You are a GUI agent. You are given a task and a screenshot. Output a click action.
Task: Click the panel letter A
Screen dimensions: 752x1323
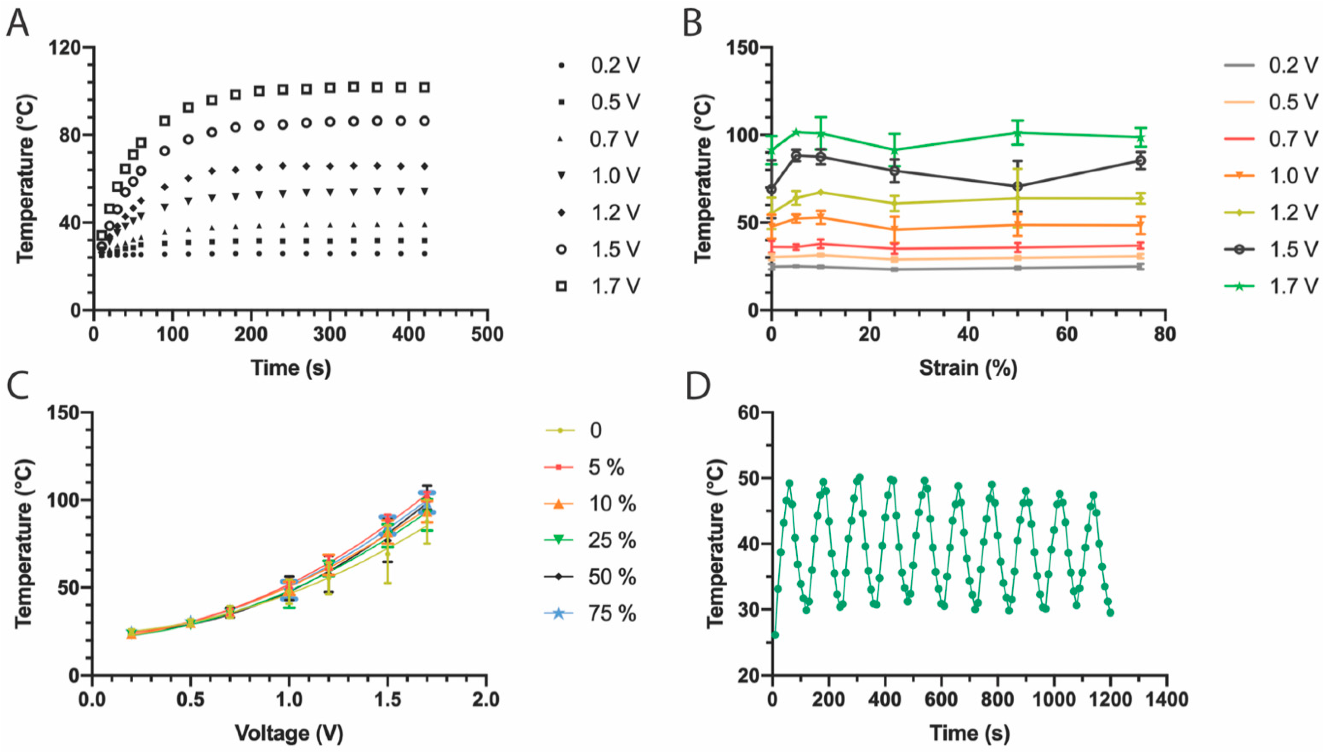[x=17, y=23]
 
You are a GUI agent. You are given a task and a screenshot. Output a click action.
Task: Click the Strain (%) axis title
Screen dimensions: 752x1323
[x=968, y=368]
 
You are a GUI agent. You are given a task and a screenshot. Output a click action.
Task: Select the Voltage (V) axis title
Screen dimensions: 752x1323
[x=289, y=733]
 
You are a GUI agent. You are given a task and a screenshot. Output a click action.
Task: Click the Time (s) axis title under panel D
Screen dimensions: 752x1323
[x=969, y=733]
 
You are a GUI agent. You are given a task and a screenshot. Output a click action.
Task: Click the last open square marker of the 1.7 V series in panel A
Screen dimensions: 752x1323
[x=424, y=88]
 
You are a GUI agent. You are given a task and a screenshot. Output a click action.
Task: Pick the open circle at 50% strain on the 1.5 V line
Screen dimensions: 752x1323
[x=1017, y=186]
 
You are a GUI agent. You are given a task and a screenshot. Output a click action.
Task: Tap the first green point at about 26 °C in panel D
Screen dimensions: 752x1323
[x=775, y=635]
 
